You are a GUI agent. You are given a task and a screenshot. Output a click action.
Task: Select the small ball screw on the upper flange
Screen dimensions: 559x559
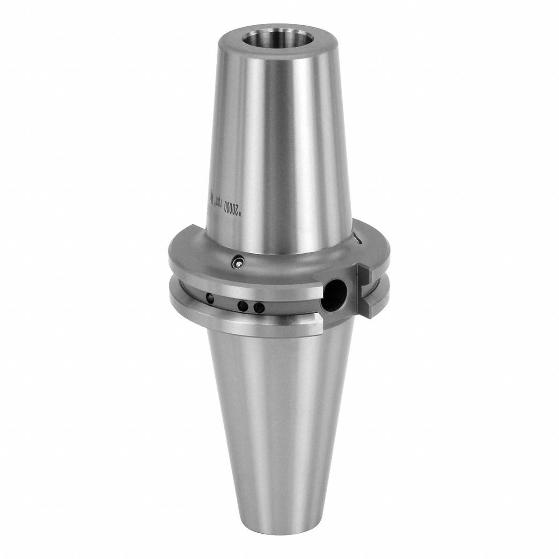coord(239,263)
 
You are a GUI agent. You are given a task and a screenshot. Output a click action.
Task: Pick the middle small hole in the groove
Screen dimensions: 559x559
coord(243,306)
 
